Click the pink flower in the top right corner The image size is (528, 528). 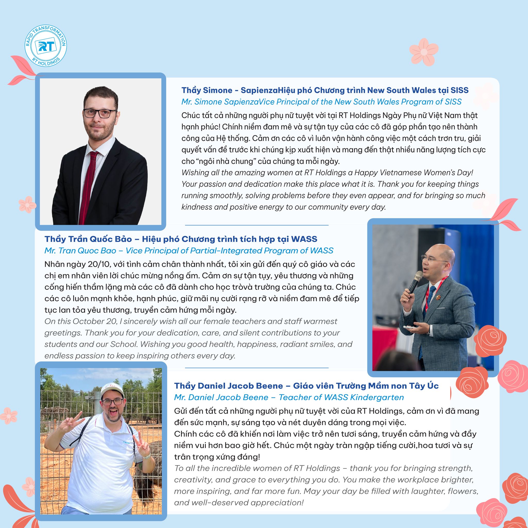[x=424, y=52]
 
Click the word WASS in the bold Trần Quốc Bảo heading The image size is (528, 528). [x=304, y=239]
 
